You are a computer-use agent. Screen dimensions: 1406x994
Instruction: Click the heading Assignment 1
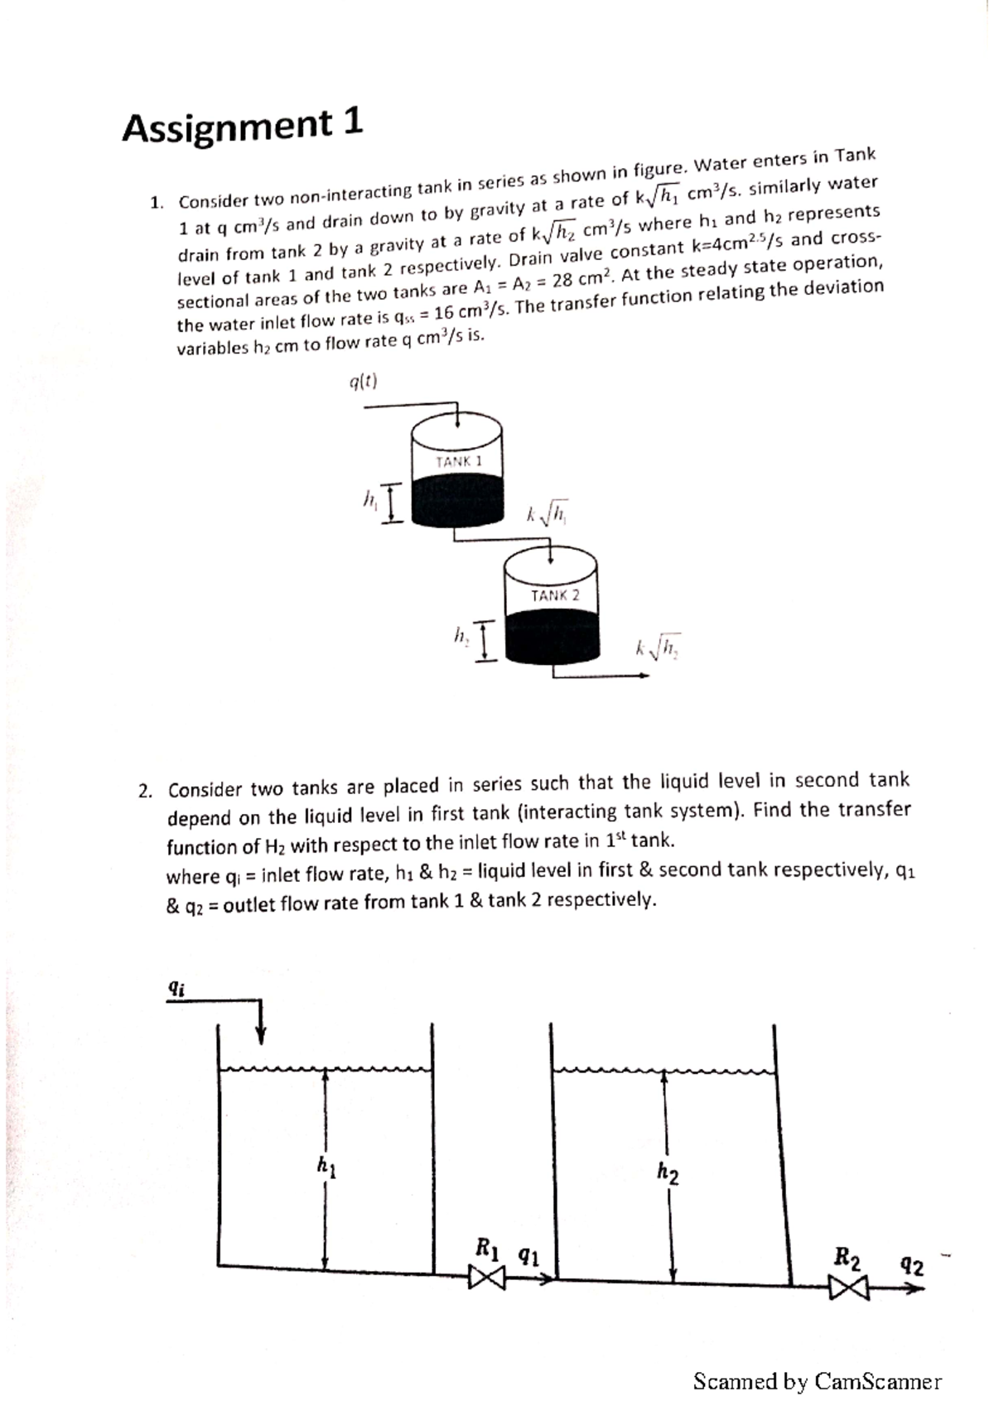[x=242, y=125]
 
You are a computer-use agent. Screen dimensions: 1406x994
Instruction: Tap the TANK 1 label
[x=458, y=461]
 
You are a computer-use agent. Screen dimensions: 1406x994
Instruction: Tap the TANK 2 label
[x=554, y=595]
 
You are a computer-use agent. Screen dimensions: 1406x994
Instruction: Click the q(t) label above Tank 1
[x=363, y=382]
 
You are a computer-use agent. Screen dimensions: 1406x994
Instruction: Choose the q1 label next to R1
[x=528, y=1256]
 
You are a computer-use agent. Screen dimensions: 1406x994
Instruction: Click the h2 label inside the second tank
[x=668, y=1172]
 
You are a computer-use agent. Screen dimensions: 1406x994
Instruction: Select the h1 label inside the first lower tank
[x=326, y=1167]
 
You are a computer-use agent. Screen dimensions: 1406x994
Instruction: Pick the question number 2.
[x=145, y=791]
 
